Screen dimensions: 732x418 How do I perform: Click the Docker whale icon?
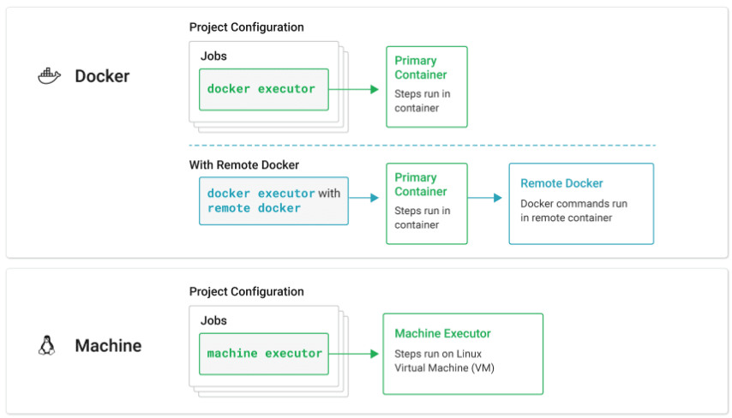(49, 76)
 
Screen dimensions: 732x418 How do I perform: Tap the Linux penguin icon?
(46, 346)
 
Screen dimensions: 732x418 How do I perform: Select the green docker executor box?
(264, 90)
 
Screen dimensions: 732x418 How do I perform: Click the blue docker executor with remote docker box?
(273, 201)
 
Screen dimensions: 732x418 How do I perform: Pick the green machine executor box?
(264, 354)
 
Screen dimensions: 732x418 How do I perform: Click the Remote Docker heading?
(561, 183)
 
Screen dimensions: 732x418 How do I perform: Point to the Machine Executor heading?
(442, 333)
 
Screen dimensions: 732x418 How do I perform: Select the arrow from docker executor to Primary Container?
(354, 90)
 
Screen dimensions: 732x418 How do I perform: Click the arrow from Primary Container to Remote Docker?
(484, 198)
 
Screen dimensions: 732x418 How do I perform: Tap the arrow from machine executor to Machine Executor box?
(354, 354)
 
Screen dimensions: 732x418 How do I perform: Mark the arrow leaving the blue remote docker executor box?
(363, 198)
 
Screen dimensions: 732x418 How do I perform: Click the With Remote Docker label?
(244, 165)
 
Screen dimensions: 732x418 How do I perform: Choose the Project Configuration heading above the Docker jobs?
(247, 27)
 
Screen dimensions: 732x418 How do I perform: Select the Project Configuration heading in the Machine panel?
(247, 292)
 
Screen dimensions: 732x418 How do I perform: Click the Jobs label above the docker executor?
(213, 56)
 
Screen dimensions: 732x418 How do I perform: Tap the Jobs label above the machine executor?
(213, 320)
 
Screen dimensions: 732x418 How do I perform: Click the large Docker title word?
(102, 76)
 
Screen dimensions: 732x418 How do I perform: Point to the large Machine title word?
(108, 346)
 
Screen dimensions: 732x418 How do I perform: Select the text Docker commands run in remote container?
(573, 211)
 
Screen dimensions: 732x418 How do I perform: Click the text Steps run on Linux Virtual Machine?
(444, 361)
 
